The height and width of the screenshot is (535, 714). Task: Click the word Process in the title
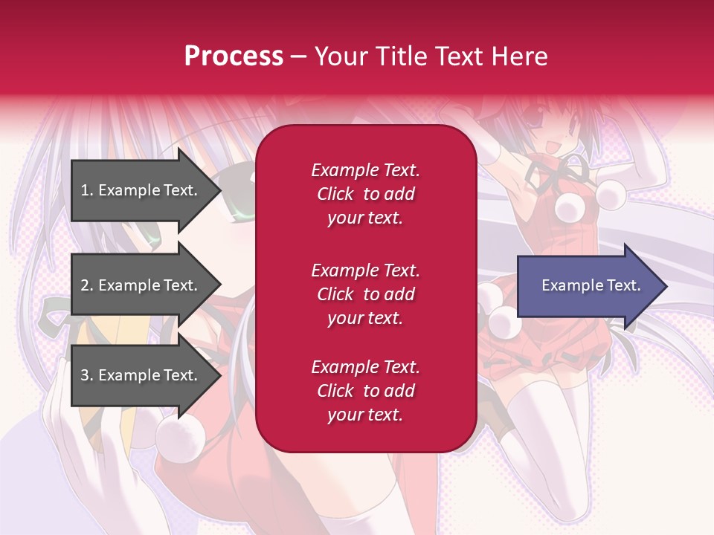pyautogui.click(x=234, y=56)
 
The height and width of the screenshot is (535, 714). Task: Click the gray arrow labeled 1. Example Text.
pyautogui.click(x=141, y=190)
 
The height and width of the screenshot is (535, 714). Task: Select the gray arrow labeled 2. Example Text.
pyautogui.click(x=141, y=285)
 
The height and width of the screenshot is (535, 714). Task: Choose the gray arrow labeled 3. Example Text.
pyautogui.click(x=141, y=375)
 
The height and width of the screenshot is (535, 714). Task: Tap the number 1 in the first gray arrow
pyautogui.click(x=85, y=190)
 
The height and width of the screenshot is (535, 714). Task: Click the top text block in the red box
pyautogui.click(x=365, y=194)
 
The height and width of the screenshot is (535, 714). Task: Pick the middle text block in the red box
pyautogui.click(x=365, y=294)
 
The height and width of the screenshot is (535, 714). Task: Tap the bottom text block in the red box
pyautogui.click(x=365, y=390)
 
